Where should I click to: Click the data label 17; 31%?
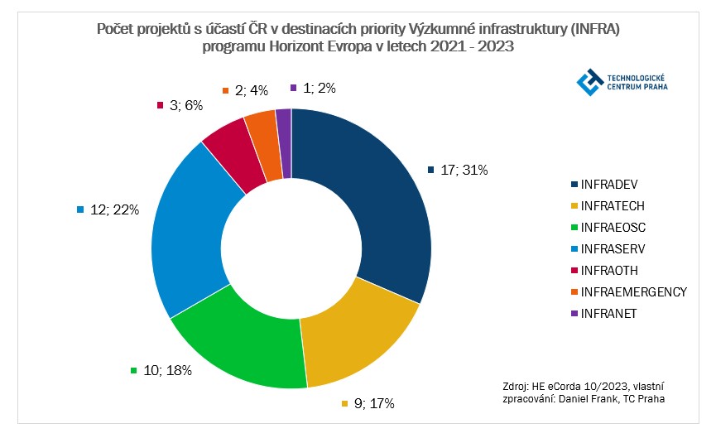click(x=464, y=170)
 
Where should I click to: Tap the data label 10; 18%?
click(x=166, y=370)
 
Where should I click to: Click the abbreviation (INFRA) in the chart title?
click(x=596, y=30)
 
